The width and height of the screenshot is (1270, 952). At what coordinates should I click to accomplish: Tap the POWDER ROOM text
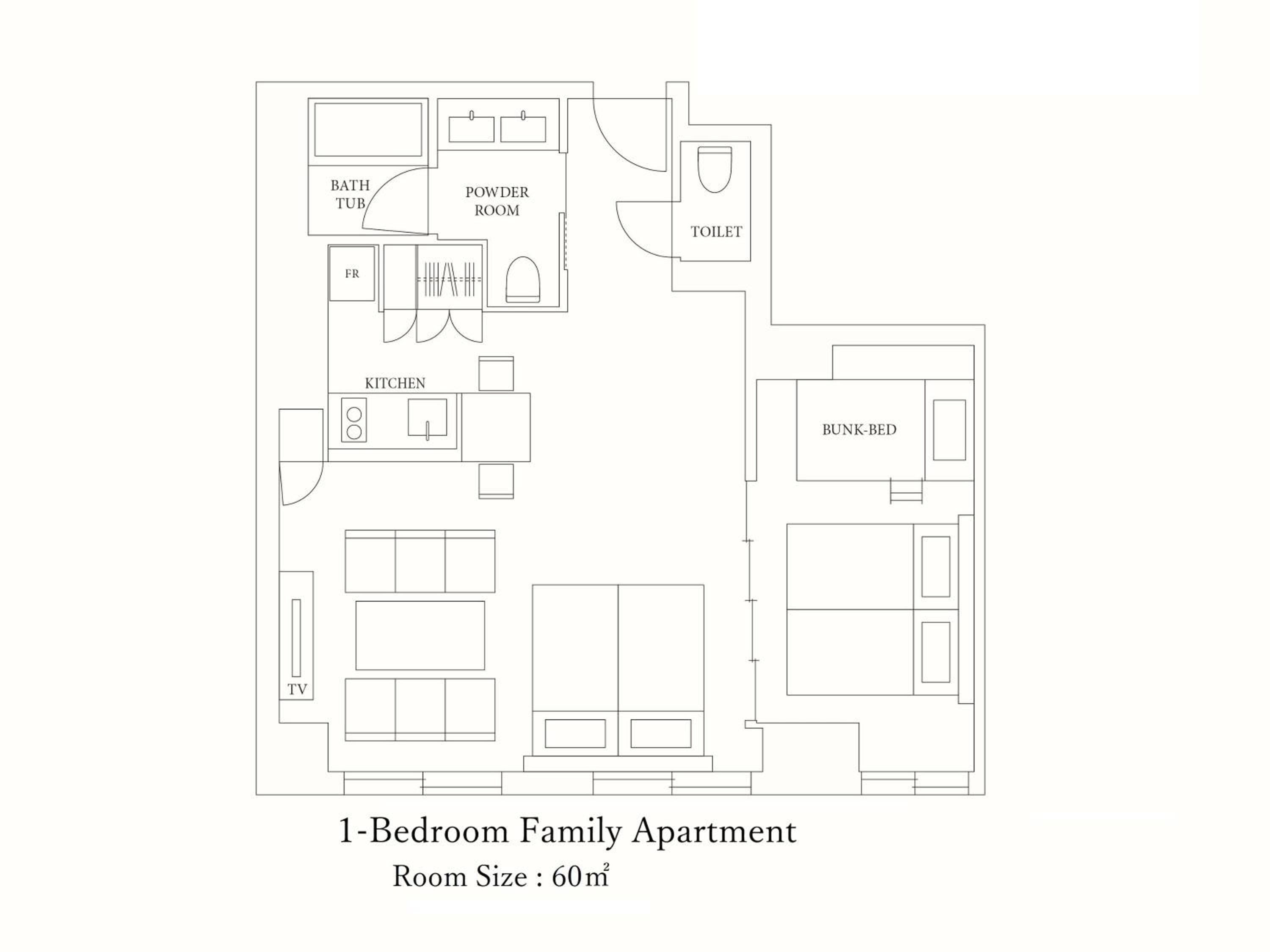(497, 201)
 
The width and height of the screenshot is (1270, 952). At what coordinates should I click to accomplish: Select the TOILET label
(716, 232)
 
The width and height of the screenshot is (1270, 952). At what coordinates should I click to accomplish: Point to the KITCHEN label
(395, 383)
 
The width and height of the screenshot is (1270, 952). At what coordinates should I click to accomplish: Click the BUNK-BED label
(859, 430)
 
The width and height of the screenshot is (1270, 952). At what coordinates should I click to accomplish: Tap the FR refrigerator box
(352, 274)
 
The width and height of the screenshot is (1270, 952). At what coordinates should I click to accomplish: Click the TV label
(298, 689)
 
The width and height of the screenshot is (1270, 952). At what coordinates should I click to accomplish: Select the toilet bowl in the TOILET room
(715, 169)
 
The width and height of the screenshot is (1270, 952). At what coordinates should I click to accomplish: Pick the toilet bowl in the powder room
(523, 279)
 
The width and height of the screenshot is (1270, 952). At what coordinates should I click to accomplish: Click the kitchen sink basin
(427, 417)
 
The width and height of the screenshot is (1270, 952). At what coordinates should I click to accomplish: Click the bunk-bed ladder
(906, 491)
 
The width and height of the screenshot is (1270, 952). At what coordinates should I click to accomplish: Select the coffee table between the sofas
(420, 635)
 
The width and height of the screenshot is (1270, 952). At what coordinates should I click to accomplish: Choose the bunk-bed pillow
(949, 430)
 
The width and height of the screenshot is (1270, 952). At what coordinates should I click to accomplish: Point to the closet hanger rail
(449, 279)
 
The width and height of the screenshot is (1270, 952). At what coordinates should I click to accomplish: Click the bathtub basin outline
(368, 130)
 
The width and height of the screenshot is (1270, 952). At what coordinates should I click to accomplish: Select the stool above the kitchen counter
(496, 374)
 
